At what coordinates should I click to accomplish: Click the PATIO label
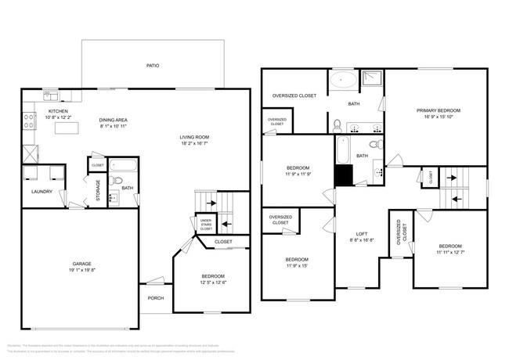(152, 65)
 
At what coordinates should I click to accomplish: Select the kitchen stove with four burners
(29, 121)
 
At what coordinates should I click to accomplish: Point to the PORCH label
(155, 298)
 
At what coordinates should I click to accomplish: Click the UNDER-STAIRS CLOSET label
(206, 225)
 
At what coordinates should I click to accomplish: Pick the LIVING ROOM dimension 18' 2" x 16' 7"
(194, 144)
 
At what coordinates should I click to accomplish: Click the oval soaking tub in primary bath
(342, 79)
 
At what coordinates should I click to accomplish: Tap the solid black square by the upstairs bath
(343, 176)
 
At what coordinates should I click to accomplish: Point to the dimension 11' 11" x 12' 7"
(450, 252)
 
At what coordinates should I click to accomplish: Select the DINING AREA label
(114, 120)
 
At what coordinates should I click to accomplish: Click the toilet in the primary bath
(337, 125)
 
